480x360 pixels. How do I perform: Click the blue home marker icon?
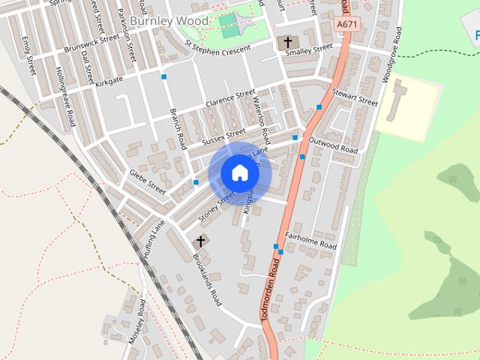point(239,173)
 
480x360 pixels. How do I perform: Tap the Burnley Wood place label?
point(169,21)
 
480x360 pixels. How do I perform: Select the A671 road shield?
point(346,25)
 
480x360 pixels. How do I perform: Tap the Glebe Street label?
point(147,181)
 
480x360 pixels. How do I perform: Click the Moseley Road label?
point(136,321)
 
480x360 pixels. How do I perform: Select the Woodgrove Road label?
point(391,54)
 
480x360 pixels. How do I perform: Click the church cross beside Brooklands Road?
point(200,241)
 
